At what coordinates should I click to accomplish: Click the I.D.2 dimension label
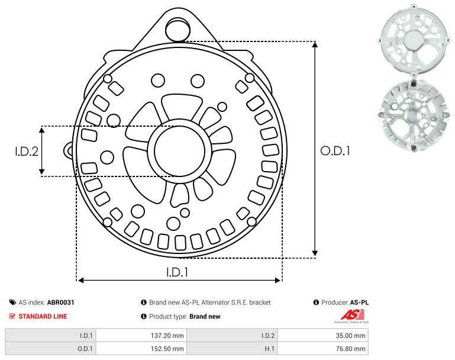click(27, 152)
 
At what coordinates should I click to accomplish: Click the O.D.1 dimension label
click(335, 151)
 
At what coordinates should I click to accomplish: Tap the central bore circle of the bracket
click(176, 151)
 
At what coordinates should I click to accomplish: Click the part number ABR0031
click(60, 303)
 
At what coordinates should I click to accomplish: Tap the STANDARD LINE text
click(43, 316)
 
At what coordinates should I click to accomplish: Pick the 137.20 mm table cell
click(141, 335)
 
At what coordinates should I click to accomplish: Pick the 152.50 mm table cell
click(141, 348)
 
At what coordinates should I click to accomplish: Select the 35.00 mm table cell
click(322, 335)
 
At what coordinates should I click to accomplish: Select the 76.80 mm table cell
click(322, 348)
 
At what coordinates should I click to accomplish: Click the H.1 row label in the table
click(233, 348)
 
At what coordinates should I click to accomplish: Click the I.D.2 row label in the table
click(233, 335)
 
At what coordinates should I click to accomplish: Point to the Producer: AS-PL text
click(344, 303)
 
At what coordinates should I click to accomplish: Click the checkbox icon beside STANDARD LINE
click(12, 316)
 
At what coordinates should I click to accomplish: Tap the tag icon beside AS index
click(12, 303)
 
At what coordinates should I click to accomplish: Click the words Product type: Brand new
click(184, 316)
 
